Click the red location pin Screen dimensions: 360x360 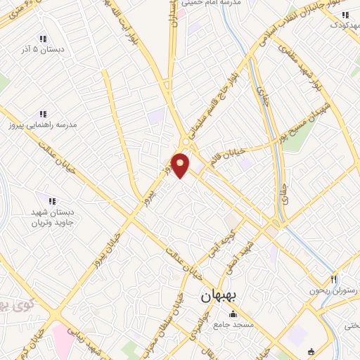click(x=181, y=165)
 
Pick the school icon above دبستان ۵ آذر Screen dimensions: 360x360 click(x=42, y=39)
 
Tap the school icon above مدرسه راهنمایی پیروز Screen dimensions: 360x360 click(x=42, y=114)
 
